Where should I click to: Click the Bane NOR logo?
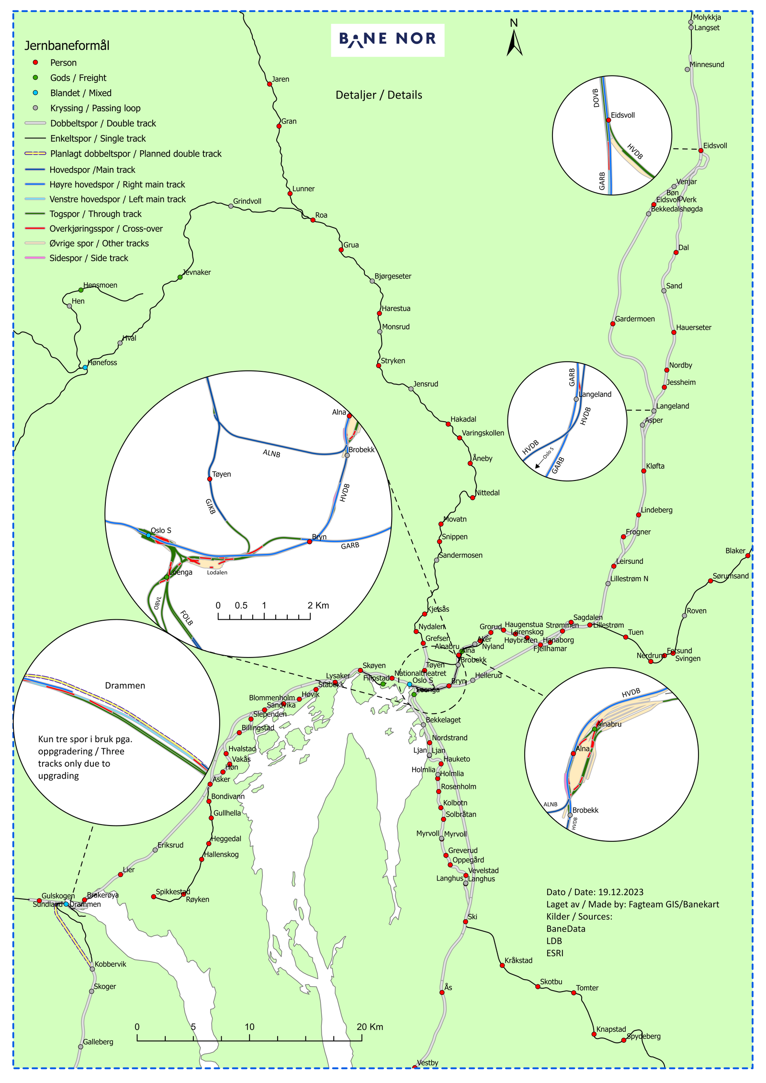[x=387, y=39]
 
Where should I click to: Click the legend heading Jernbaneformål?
[x=67, y=45]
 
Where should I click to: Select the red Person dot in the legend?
[x=35, y=63]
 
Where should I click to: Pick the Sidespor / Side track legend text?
[x=89, y=258]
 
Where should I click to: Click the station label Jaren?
[x=281, y=79]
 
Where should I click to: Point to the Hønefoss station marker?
[x=85, y=368]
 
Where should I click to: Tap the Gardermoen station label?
[x=635, y=319]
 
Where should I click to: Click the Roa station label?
[x=321, y=215]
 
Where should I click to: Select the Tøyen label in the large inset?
[x=222, y=474]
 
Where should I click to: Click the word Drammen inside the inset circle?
[x=125, y=686]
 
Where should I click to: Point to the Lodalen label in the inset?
[x=217, y=572]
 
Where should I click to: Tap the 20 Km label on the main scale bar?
[x=370, y=1027]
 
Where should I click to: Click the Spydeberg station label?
[x=644, y=1037]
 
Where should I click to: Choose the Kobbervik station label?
[x=111, y=964]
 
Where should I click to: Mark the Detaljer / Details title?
[x=379, y=95]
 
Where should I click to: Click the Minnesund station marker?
[x=687, y=69]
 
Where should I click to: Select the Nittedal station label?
[x=487, y=493]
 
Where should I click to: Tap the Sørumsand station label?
[x=731, y=576]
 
